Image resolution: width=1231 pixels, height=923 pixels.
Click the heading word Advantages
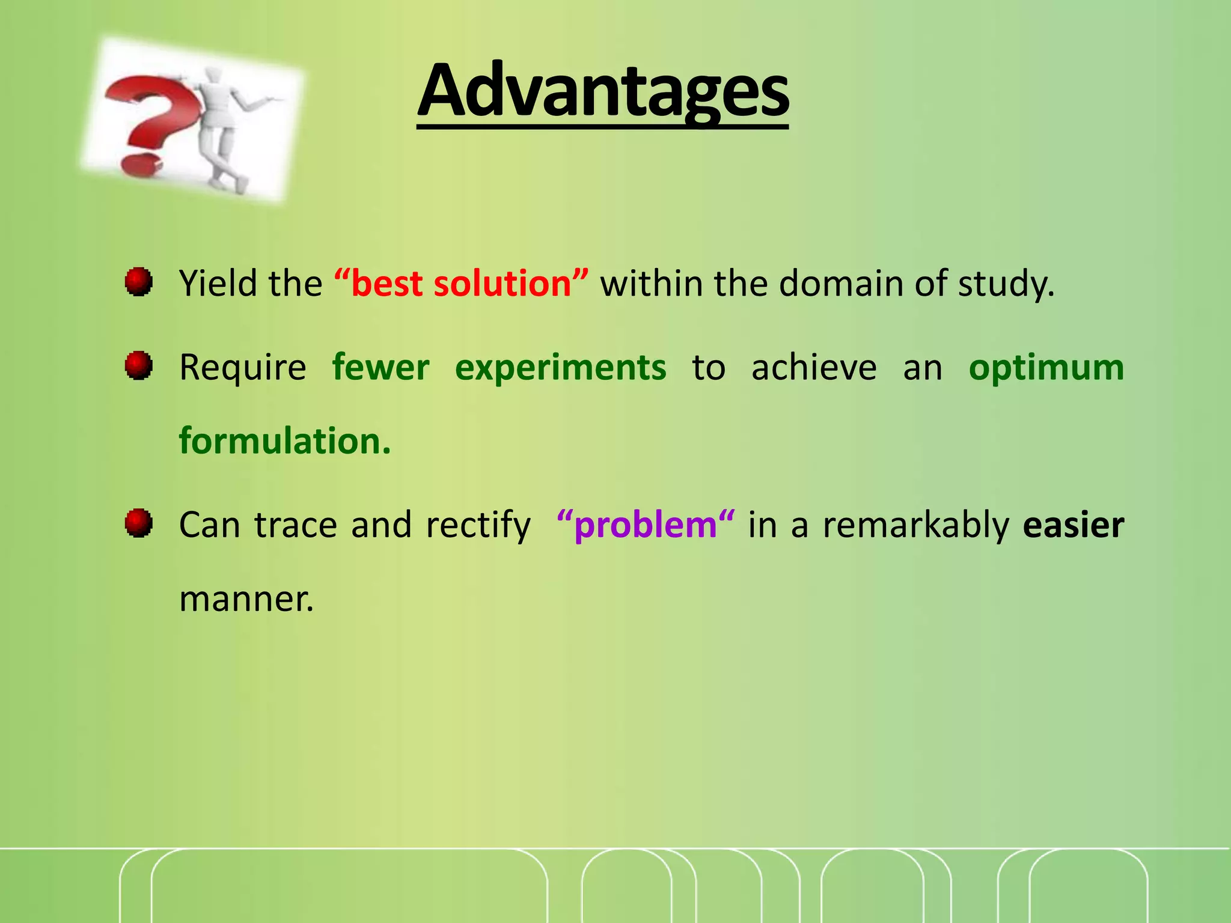pyautogui.click(x=603, y=91)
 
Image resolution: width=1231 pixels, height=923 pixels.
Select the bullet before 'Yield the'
pyautogui.click(x=138, y=282)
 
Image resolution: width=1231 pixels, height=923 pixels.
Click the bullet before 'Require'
pyautogui.click(x=138, y=365)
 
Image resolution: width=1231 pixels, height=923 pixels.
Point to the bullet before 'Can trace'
pyautogui.click(x=138, y=523)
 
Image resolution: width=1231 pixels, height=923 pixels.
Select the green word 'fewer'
pyautogui.click(x=380, y=367)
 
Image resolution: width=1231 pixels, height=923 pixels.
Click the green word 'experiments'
pyautogui.click(x=560, y=367)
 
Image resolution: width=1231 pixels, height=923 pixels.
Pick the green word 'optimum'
pyautogui.click(x=1046, y=367)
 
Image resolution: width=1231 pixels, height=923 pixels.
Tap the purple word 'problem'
pyautogui.click(x=646, y=525)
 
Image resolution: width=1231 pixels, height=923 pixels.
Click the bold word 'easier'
pyautogui.click(x=1073, y=525)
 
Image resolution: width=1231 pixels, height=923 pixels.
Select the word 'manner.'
pyautogui.click(x=246, y=599)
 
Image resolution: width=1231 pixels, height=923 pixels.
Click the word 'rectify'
pyautogui.click(x=478, y=525)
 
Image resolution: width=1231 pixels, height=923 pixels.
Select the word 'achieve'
pyautogui.click(x=814, y=367)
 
